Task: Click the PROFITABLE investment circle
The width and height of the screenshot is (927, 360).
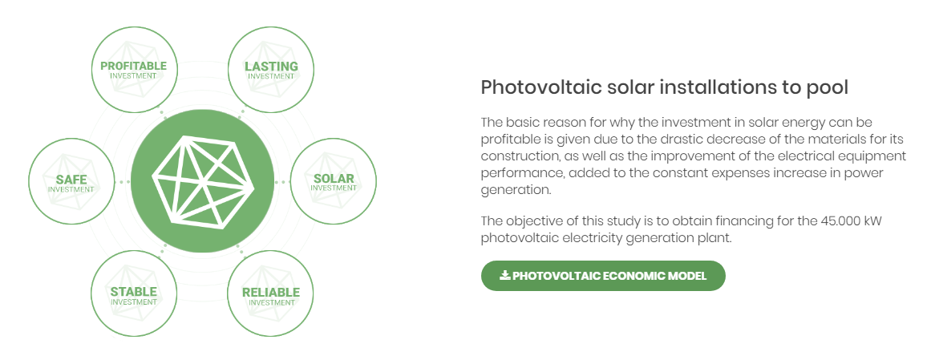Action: click(134, 70)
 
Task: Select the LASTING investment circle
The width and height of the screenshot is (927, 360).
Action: click(271, 70)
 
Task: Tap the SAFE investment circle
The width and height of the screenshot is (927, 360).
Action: click(71, 182)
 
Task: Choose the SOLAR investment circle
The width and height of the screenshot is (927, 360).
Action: click(334, 181)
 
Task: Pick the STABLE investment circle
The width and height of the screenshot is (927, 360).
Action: click(134, 294)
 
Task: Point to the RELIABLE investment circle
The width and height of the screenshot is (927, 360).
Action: click(271, 294)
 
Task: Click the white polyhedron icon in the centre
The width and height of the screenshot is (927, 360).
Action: click(203, 181)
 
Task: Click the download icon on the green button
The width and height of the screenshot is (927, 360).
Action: click(504, 276)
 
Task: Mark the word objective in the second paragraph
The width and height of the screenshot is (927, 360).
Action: click(529, 221)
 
